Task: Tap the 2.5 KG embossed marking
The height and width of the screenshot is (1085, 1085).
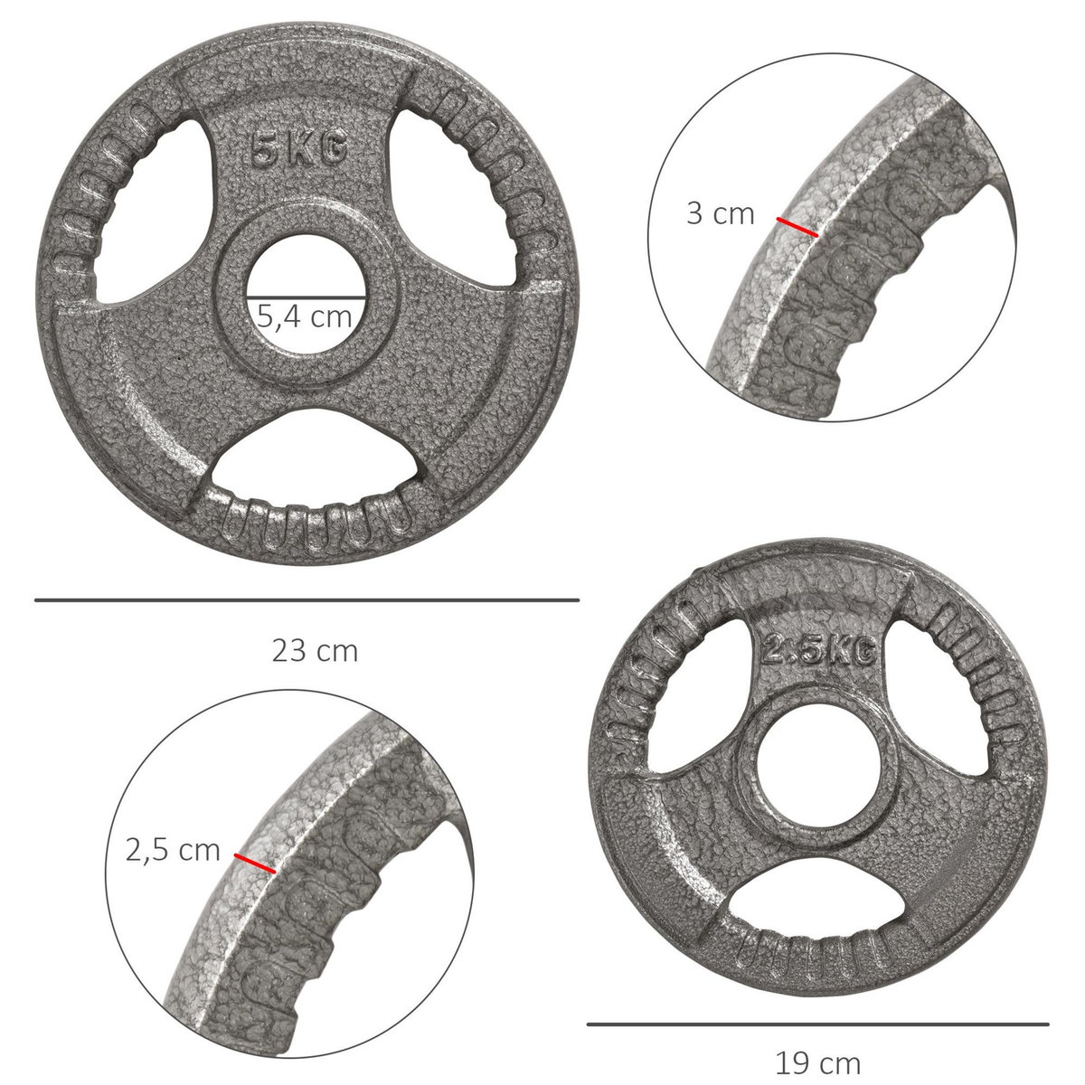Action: coord(818,650)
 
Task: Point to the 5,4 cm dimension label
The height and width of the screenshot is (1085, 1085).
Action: coord(305,316)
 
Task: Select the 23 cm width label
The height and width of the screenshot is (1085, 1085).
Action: coord(315,651)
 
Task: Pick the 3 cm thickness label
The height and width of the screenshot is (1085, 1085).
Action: coord(721,214)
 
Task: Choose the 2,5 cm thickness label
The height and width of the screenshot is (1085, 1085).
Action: coord(173,850)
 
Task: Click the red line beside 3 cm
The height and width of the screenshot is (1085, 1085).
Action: coord(797,227)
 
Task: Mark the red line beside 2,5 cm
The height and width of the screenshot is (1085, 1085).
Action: coord(255,863)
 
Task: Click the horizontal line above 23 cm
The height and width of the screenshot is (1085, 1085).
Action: coord(307,599)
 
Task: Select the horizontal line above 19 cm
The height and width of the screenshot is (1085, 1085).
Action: coord(817,1024)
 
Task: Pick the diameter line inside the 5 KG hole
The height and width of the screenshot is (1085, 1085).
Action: coord(306,297)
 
